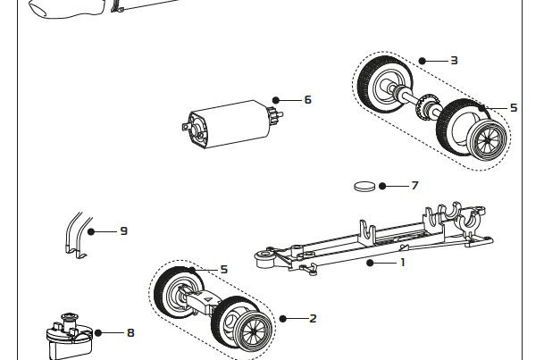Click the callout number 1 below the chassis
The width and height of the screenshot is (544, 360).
point(402,263)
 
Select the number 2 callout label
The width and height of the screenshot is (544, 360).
point(313,318)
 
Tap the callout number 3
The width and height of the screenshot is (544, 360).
point(454,61)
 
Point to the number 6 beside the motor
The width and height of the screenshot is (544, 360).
point(307,99)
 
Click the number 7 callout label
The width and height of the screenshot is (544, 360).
point(414,186)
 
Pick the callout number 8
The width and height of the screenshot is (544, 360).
point(130,332)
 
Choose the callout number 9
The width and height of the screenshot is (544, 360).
point(123,230)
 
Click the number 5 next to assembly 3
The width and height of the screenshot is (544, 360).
point(514,107)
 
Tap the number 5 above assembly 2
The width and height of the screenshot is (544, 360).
point(223,269)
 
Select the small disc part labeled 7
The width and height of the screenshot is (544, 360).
point(364,187)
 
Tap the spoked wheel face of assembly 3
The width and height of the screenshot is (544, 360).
point(488,139)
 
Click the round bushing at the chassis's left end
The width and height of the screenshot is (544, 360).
point(264,258)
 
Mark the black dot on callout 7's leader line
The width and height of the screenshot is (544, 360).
point(382,186)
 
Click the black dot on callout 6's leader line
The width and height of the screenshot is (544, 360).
point(277,99)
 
